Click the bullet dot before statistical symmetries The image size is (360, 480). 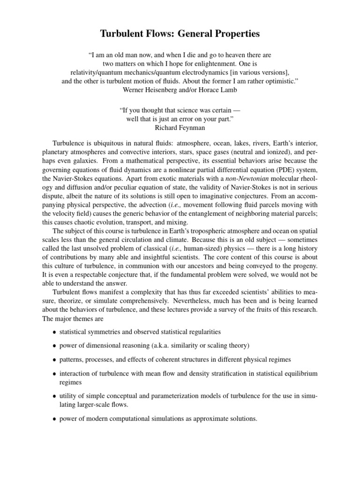point(54,333)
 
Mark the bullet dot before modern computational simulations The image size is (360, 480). point(54,419)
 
